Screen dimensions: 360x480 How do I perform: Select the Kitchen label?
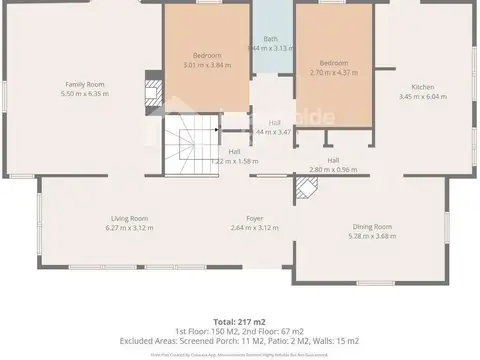click(x=410, y=87)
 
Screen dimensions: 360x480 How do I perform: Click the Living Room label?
click(x=129, y=218)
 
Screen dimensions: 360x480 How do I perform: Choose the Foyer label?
click(x=254, y=218)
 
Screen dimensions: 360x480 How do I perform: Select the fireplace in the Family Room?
click(x=153, y=92)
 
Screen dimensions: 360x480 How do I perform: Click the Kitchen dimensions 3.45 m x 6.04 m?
click(x=410, y=97)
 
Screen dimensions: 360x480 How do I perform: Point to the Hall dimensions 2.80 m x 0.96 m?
click(x=332, y=169)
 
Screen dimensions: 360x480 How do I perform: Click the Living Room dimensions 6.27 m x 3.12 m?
click(x=129, y=227)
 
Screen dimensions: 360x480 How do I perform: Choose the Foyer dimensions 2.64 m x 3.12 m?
click(x=254, y=227)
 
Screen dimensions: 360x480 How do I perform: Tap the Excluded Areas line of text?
click(x=240, y=341)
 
